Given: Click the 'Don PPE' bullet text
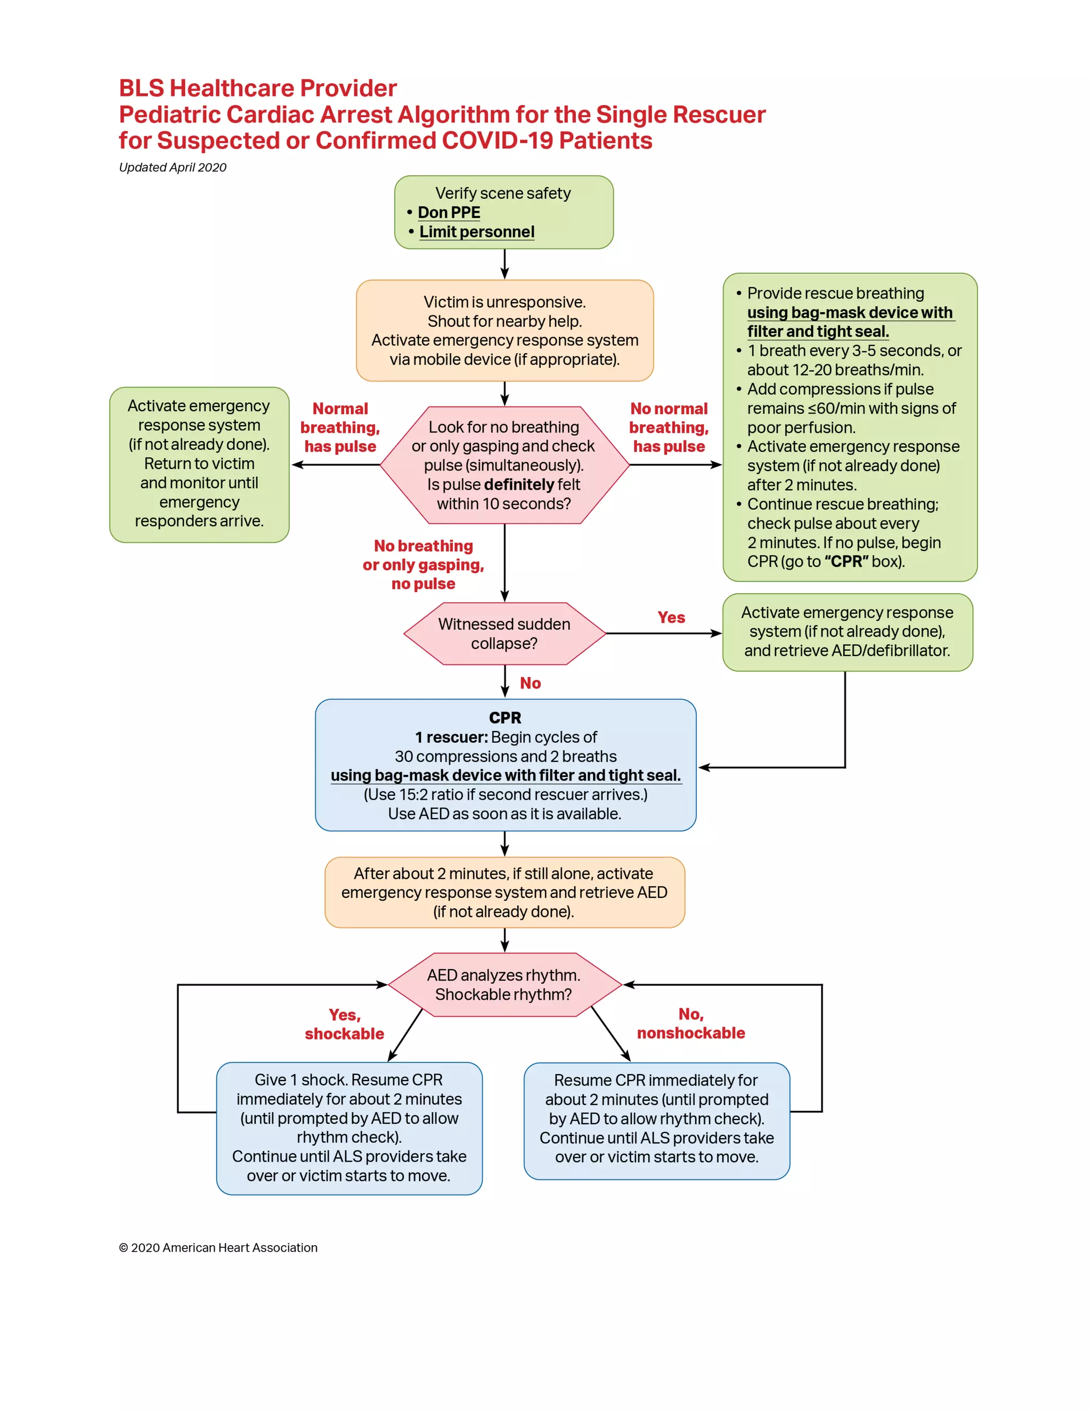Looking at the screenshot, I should point(449,213).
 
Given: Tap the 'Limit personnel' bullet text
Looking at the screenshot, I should point(476,232).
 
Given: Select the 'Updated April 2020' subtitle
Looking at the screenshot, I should point(173,167).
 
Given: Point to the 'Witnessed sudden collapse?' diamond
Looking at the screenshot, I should point(504,634).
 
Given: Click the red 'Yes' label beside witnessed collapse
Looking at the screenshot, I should point(671,618).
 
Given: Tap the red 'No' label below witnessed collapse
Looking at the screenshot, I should point(530,684).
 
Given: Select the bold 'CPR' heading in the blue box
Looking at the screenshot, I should point(505,718).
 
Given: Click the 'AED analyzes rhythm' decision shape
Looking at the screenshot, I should point(504,985).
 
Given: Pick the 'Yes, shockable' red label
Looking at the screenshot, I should point(345,1024).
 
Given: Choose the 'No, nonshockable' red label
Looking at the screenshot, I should point(691,1024).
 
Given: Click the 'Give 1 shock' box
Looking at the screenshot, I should point(349,1128).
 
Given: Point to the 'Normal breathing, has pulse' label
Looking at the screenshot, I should point(340,427).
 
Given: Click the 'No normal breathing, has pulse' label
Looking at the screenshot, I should point(669,427).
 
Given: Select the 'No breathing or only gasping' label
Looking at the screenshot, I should point(424,564).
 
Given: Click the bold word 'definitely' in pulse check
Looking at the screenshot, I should point(519,485).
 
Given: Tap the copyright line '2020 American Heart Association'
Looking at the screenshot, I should point(218,1248).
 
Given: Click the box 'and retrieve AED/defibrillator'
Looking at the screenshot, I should point(846,632).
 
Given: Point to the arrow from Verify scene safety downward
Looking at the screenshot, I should point(505,264).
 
